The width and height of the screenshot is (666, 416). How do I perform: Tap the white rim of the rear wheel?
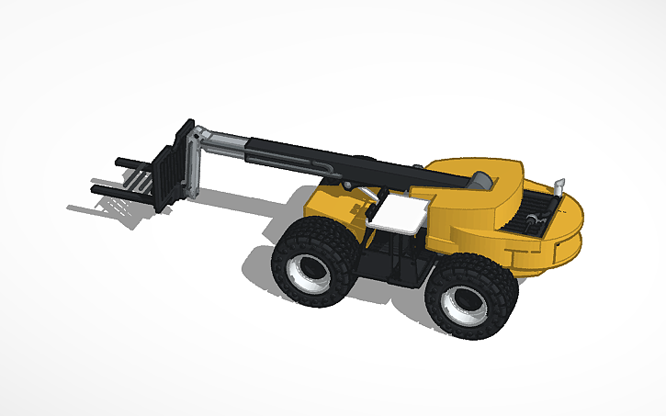465,304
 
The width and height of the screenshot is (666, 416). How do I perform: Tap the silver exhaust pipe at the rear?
561,186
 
